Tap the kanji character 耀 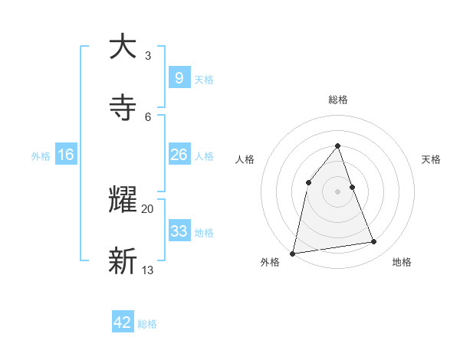(x=123, y=201)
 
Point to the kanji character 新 (x=123, y=261)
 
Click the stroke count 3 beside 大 (x=148, y=56)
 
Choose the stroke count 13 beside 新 (x=148, y=270)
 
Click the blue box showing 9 (x=179, y=77)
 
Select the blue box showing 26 (x=179, y=155)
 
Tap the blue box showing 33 (x=179, y=231)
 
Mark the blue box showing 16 (x=66, y=155)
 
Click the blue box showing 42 (x=123, y=322)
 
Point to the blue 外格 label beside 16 (x=41, y=155)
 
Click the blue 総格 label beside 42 (x=147, y=324)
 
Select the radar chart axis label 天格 (x=431, y=159)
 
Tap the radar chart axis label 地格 (x=402, y=262)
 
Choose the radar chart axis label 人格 (x=245, y=159)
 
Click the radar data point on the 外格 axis (x=293, y=253)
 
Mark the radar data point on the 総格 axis (x=337, y=146)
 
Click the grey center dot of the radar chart (x=337, y=191)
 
